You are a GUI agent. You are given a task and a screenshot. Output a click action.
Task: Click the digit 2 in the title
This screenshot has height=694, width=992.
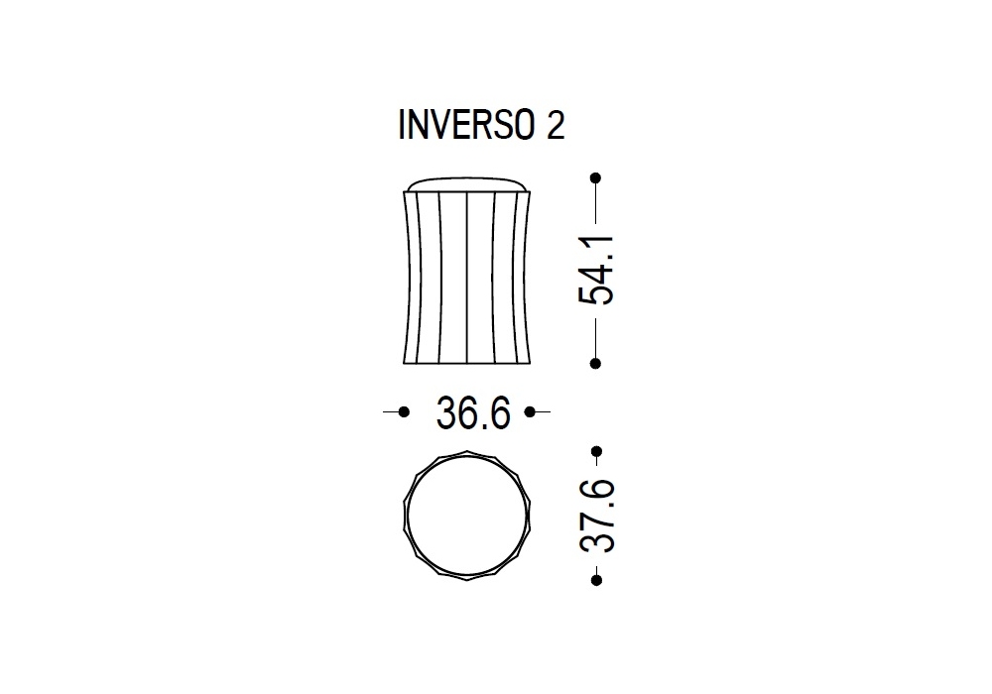tap(555, 125)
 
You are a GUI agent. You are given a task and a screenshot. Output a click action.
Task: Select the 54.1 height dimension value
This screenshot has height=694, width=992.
tap(596, 270)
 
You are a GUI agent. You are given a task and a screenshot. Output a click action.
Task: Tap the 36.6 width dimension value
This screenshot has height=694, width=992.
tap(473, 413)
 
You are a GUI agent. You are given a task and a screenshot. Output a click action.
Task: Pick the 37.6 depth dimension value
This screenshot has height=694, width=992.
tap(596, 516)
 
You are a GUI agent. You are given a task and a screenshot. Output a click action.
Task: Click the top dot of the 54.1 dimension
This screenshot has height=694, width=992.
tap(595, 178)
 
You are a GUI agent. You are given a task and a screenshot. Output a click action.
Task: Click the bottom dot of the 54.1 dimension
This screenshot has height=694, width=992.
tap(595, 364)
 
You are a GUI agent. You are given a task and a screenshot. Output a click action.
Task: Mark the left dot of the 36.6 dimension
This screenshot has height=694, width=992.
tap(405, 412)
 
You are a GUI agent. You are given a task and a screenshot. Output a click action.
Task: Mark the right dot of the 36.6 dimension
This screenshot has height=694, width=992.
tap(530, 412)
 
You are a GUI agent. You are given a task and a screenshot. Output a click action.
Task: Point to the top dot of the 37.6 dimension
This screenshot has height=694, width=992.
tap(596, 451)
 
